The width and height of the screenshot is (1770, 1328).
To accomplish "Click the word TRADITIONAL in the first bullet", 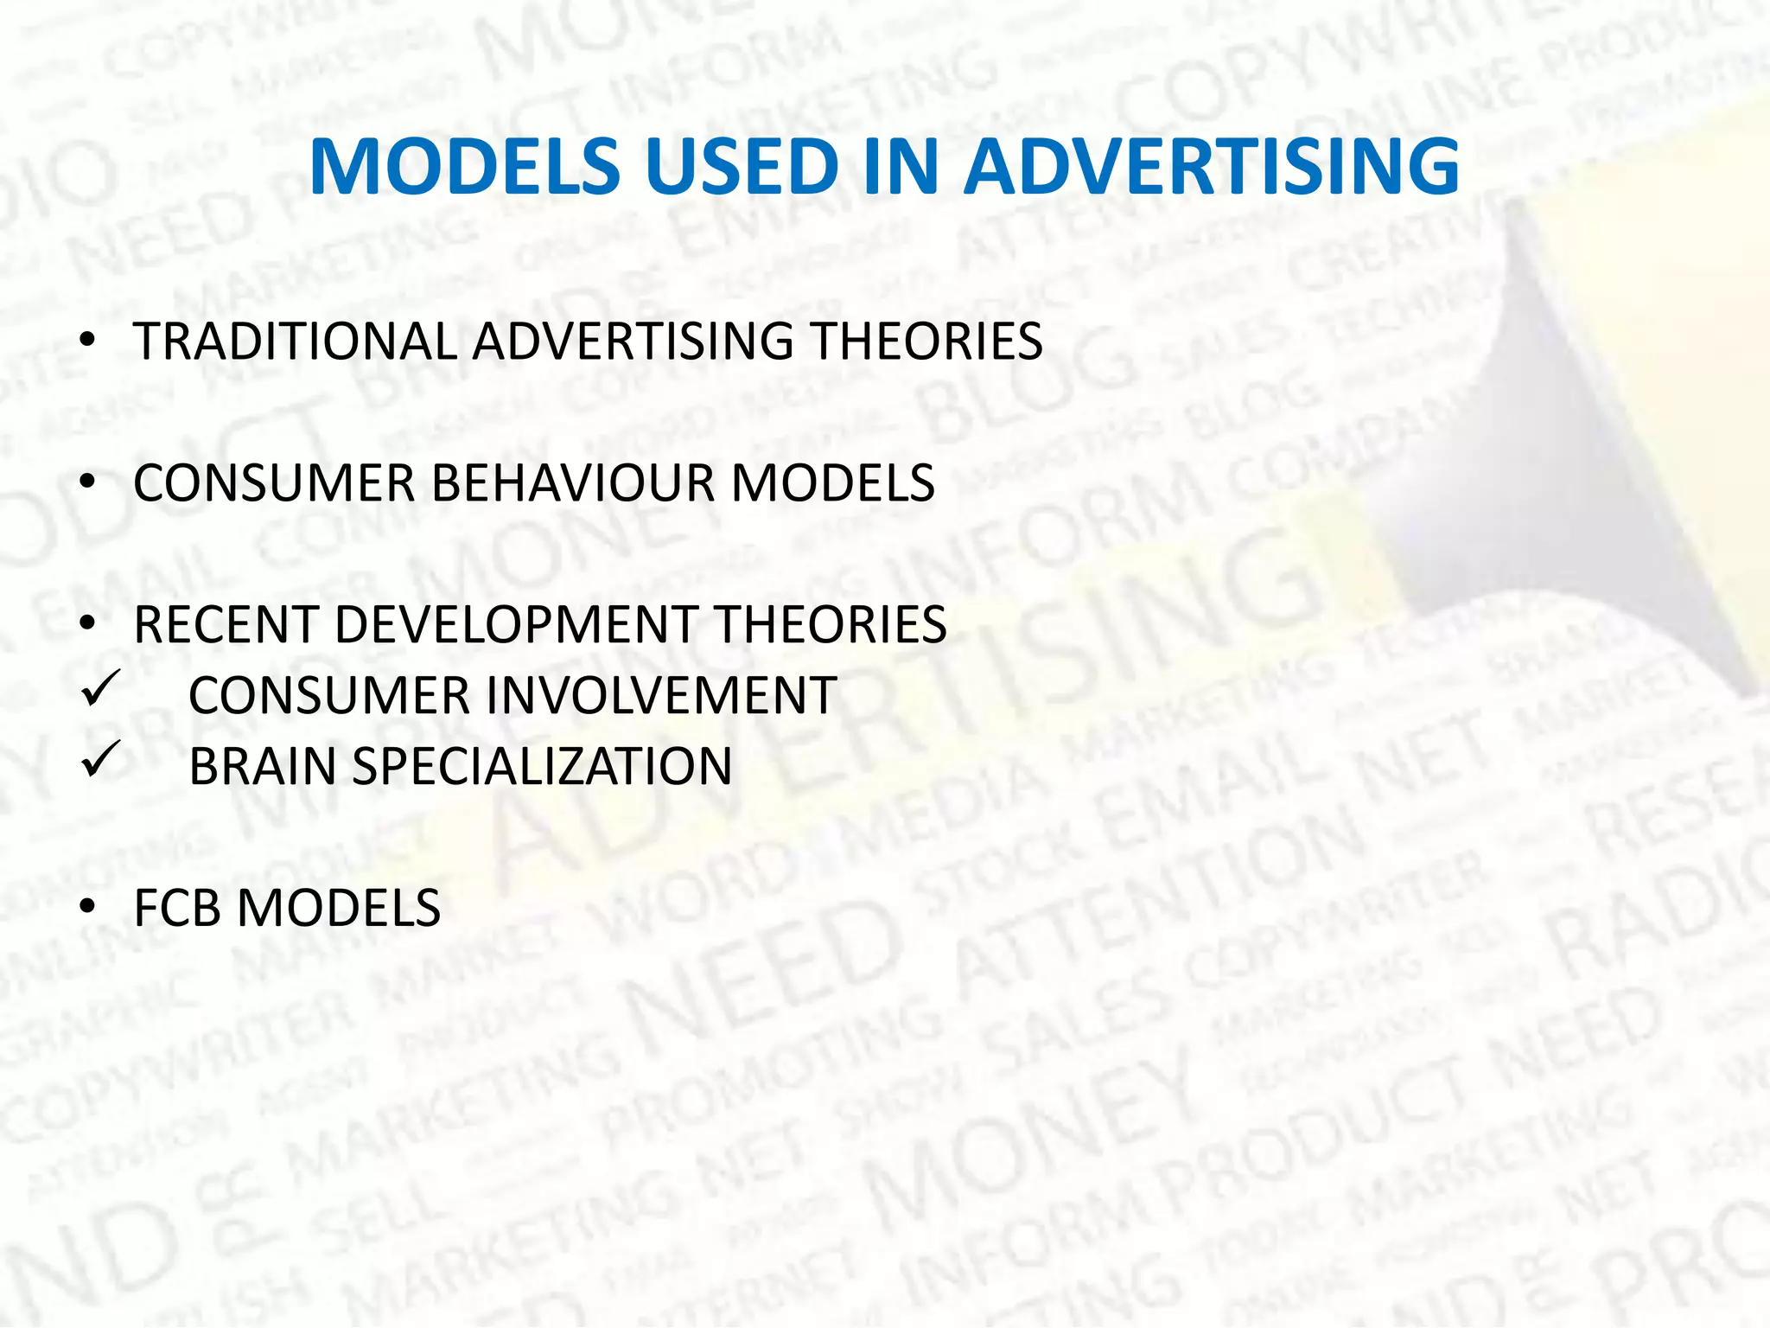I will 295,341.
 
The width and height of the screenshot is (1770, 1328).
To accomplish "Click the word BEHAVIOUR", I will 573,482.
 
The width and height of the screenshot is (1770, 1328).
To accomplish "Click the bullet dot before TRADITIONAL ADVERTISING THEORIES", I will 86,342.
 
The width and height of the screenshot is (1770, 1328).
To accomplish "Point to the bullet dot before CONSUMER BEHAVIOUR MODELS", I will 86,483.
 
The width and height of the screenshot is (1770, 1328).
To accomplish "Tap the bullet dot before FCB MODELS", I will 86,909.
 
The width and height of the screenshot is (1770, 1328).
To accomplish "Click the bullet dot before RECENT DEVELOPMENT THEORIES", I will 86,625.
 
